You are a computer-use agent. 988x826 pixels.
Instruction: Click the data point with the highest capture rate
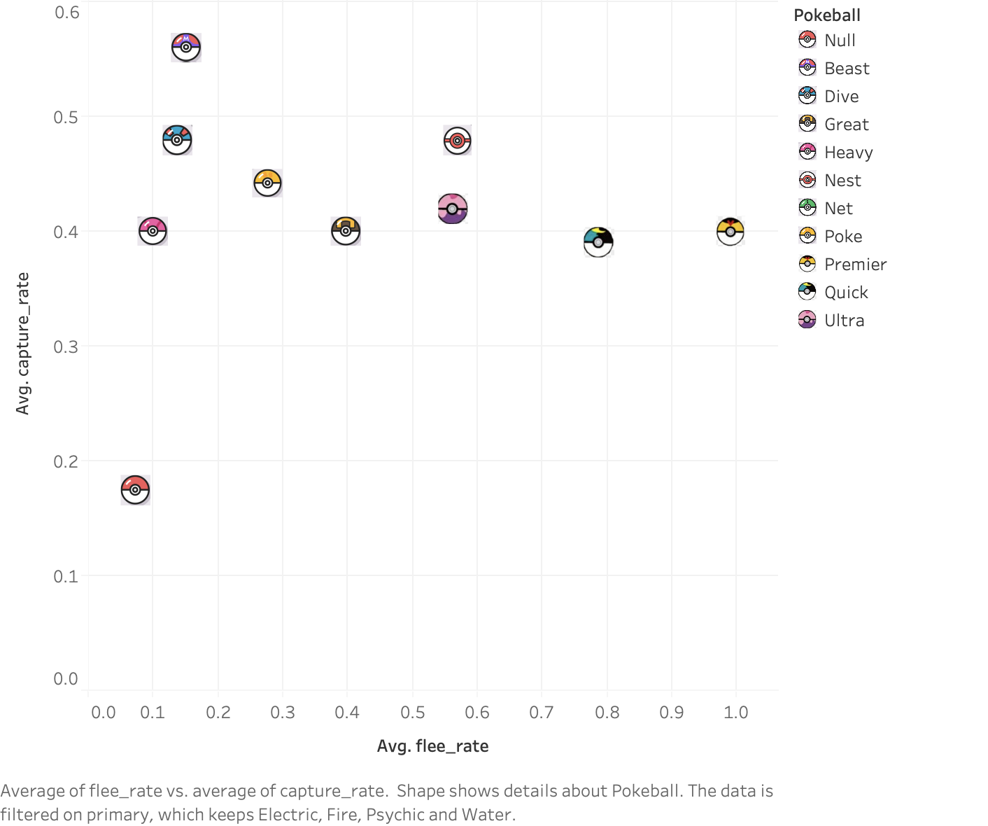pyautogui.click(x=186, y=47)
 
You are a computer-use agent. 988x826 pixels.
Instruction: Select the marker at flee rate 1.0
pyautogui.click(x=731, y=232)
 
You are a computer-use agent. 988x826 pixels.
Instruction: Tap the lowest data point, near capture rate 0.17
pyautogui.click(x=135, y=490)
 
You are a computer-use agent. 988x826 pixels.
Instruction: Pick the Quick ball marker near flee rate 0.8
pyautogui.click(x=598, y=242)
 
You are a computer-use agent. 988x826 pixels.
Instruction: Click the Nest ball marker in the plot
pyautogui.click(x=458, y=141)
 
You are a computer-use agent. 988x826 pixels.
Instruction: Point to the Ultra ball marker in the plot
pyautogui.click(x=453, y=209)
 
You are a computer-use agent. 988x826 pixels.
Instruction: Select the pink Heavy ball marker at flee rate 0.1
pyautogui.click(x=153, y=231)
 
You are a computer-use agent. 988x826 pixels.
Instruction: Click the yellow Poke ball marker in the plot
pyautogui.click(x=267, y=183)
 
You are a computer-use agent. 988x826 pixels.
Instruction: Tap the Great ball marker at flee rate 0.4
pyautogui.click(x=346, y=231)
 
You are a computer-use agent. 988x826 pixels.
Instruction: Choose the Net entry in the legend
pyautogui.click(x=838, y=208)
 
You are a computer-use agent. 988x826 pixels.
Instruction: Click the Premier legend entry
pyautogui.click(x=855, y=264)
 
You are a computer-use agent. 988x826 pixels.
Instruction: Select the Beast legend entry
pyautogui.click(x=847, y=68)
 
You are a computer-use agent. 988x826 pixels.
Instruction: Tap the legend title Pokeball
pyautogui.click(x=827, y=15)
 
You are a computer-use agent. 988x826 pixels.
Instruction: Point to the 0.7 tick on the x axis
pyautogui.click(x=542, y=713)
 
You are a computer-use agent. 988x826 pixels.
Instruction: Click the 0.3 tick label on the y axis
pyautogui.click(x=66, y=346)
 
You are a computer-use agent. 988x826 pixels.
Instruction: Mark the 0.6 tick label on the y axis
pyautogui.click(x=66, y=12)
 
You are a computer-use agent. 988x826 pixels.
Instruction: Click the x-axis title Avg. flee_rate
pyautogui.click(x=432, y=746)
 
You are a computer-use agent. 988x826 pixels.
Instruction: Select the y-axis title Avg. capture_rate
pyautogui.click(x=22, y=344)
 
